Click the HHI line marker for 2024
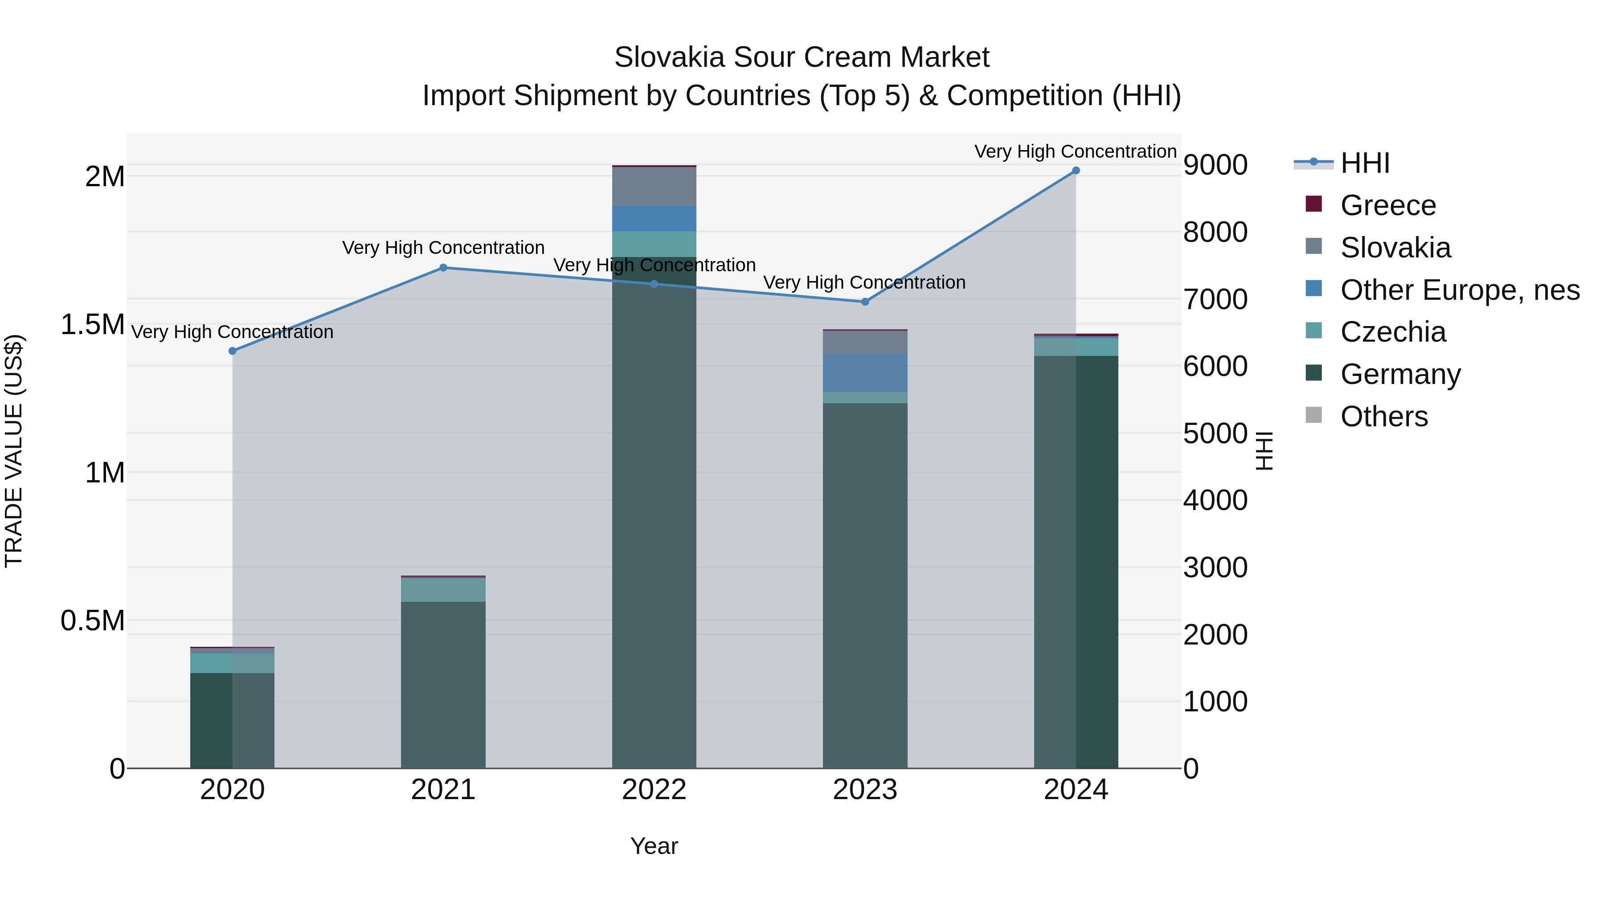1076,171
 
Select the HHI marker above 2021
443,268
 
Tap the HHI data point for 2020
232,351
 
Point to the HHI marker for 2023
865,302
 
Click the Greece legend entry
1387,205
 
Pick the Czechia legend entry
1392,332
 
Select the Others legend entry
1383,416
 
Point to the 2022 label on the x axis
654,790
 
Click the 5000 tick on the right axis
1215,433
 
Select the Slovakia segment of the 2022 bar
654,186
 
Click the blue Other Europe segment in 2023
865,372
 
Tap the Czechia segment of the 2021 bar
443,589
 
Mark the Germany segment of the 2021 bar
443,685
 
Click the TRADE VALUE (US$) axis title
14,451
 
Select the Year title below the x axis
654,846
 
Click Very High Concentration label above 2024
1076,151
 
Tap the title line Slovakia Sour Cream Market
802,57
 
